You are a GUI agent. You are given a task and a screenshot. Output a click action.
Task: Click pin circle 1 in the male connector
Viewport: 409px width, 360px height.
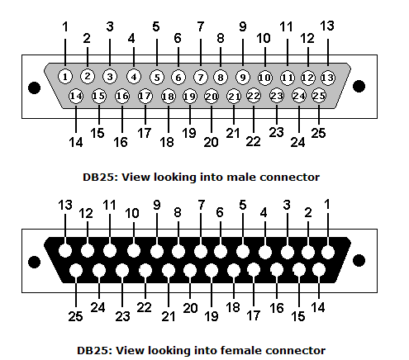point(65,76)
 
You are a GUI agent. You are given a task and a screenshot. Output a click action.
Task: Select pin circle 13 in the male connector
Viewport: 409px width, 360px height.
point(328,78)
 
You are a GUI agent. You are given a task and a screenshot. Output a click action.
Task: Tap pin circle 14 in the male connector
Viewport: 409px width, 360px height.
point(76,96)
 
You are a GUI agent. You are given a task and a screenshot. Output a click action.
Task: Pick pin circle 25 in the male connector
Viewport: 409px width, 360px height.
point(319,96)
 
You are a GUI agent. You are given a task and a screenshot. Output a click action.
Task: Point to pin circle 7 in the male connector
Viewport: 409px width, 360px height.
point(201,78)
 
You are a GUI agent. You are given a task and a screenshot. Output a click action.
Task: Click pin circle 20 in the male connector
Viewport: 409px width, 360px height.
point(212,97)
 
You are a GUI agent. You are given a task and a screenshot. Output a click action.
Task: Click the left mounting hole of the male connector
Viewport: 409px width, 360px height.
point(35,88)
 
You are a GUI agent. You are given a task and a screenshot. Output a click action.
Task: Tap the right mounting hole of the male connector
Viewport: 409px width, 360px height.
point(359,87)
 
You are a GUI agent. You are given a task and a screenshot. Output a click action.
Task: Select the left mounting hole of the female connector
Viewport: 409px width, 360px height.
point(35,262)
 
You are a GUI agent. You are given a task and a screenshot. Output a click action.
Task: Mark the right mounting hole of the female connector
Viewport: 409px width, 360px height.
point(359,260)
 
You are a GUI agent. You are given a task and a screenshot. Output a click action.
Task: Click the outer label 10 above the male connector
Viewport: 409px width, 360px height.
point(264,38)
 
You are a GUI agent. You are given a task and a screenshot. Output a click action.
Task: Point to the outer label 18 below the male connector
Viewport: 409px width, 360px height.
point(167,142)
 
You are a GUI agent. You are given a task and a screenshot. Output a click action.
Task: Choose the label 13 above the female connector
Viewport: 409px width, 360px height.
point(65,205)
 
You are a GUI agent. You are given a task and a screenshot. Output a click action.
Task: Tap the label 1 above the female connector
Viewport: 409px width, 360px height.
point(327,204)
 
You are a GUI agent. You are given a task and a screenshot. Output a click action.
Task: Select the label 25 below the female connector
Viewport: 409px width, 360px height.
point(75,316)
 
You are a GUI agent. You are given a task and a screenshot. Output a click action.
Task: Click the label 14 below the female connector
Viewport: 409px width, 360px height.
point(318,307)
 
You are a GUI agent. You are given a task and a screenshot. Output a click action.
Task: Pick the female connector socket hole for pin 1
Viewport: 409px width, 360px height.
point(328,252)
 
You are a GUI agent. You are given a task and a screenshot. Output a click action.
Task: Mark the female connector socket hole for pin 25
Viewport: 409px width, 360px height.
point(76,270)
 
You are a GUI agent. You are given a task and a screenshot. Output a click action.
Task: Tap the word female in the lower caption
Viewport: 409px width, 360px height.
point(240,350)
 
